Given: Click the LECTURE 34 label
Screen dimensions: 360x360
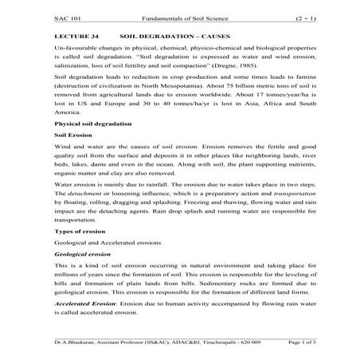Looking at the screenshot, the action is [x=78, y=37].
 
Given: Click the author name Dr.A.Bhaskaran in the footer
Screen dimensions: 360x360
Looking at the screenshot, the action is [x=76, y=342].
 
